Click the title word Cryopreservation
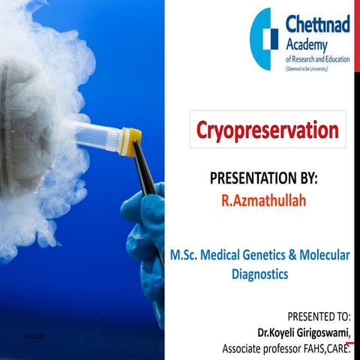267,130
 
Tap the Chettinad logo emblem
265,39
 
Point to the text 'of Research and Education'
317,58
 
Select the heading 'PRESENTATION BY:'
264,180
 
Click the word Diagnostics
259,274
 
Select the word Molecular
328,256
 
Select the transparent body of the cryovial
94,136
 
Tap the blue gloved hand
146,232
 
